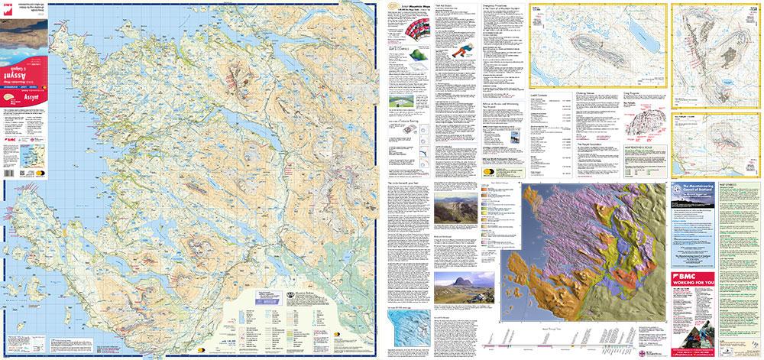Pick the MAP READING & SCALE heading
point(643,148)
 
